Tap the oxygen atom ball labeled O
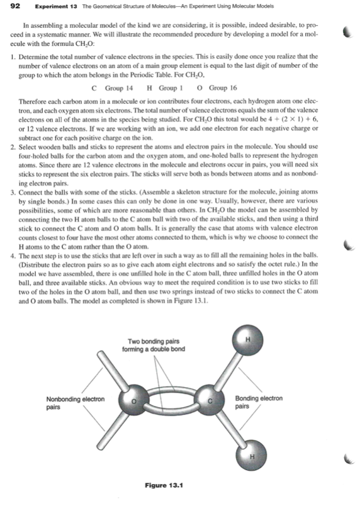133,401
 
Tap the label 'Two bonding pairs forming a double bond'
154,346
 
